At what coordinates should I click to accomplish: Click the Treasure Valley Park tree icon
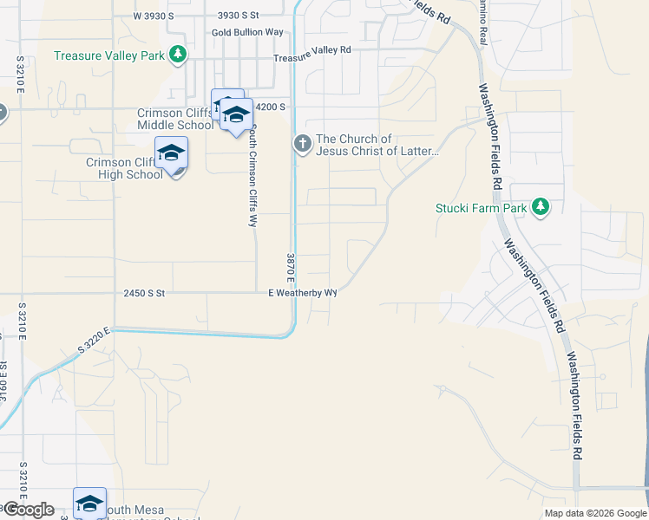click(178, 55)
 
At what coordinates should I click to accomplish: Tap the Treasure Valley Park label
click(108, 55)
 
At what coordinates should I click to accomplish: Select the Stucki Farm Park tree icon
click(541, 206)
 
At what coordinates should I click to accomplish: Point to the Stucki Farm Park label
click(482, 208)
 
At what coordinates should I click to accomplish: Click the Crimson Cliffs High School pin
click(171, 154)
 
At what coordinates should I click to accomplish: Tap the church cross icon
click(302, 143)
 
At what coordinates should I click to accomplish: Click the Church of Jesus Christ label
click(378, 145)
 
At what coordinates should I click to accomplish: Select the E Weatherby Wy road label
click(301, 293)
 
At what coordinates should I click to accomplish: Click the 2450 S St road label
click(144, 293)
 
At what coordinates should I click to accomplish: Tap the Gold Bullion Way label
click(247, 32)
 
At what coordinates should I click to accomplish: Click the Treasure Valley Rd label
click(312, 50)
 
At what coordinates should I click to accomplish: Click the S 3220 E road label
click(95, 338)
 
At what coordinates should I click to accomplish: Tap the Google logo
click(29, 510)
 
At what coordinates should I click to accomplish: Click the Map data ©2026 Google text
click(595, 513)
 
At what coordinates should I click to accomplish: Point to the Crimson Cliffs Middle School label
click(174, 119)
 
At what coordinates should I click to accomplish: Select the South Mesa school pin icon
click(89, 503)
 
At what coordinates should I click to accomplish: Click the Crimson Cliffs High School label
click(123, 168)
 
